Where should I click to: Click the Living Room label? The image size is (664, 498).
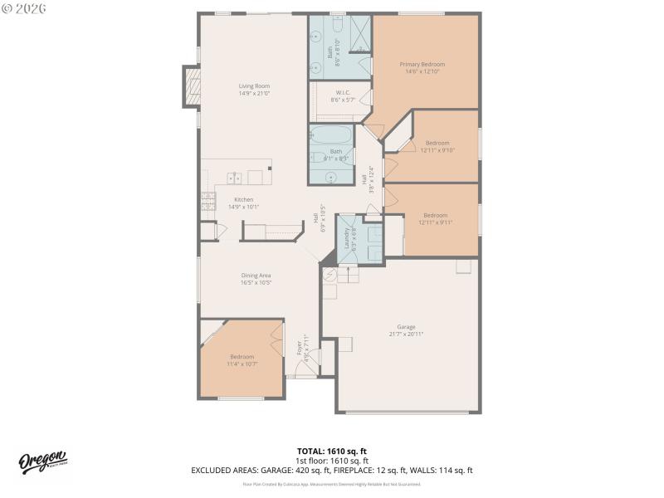pos(254,85)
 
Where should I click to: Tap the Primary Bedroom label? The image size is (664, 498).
pos(422,64)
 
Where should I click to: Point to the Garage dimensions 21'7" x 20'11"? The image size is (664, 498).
pos(406,334)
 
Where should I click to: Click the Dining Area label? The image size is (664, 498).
pos(256,276)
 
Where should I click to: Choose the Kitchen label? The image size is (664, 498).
pos(243,199)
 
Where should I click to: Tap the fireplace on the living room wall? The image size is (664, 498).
pos(192,86)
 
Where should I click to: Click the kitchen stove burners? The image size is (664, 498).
pos(208,201)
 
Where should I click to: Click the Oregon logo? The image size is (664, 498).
pos(42,461)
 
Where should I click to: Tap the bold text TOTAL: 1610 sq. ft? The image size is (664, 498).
pos(331,451)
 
